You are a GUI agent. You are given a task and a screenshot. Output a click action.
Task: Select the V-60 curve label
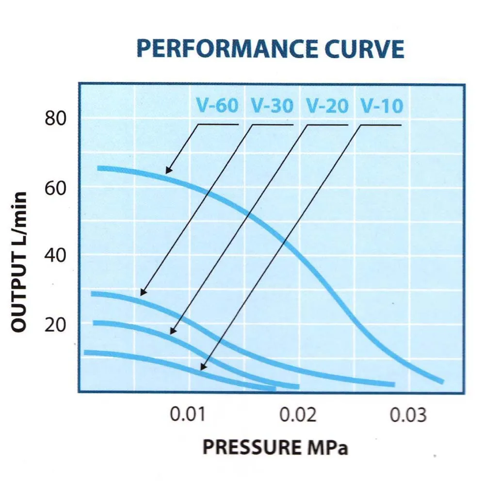click(x=217, y=105)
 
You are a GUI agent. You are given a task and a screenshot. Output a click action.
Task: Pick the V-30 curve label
click(x=272, y=105)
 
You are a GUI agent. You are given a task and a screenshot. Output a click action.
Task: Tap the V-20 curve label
click(x=327, y=105)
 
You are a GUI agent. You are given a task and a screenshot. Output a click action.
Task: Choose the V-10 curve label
click(x=382, y=105)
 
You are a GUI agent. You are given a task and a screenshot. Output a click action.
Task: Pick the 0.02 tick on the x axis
click(x=299, y=415)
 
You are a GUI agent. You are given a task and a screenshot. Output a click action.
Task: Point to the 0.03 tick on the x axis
click(x=409, y=415)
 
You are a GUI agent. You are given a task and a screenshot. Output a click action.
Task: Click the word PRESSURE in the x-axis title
click(x=251, y=447)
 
